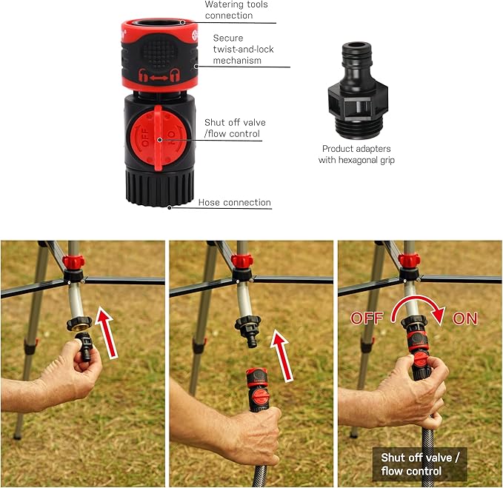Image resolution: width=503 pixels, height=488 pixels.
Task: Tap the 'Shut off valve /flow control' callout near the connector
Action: point(234,128)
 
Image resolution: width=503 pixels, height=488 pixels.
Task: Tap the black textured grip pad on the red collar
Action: point(159,51)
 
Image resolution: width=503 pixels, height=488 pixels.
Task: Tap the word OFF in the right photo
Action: point(368,318)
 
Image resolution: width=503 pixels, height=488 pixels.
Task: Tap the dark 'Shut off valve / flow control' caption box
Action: point(419,464)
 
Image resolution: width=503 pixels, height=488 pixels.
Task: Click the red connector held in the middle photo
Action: point(256,388)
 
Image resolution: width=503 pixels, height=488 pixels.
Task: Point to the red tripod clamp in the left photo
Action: point(73,262)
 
